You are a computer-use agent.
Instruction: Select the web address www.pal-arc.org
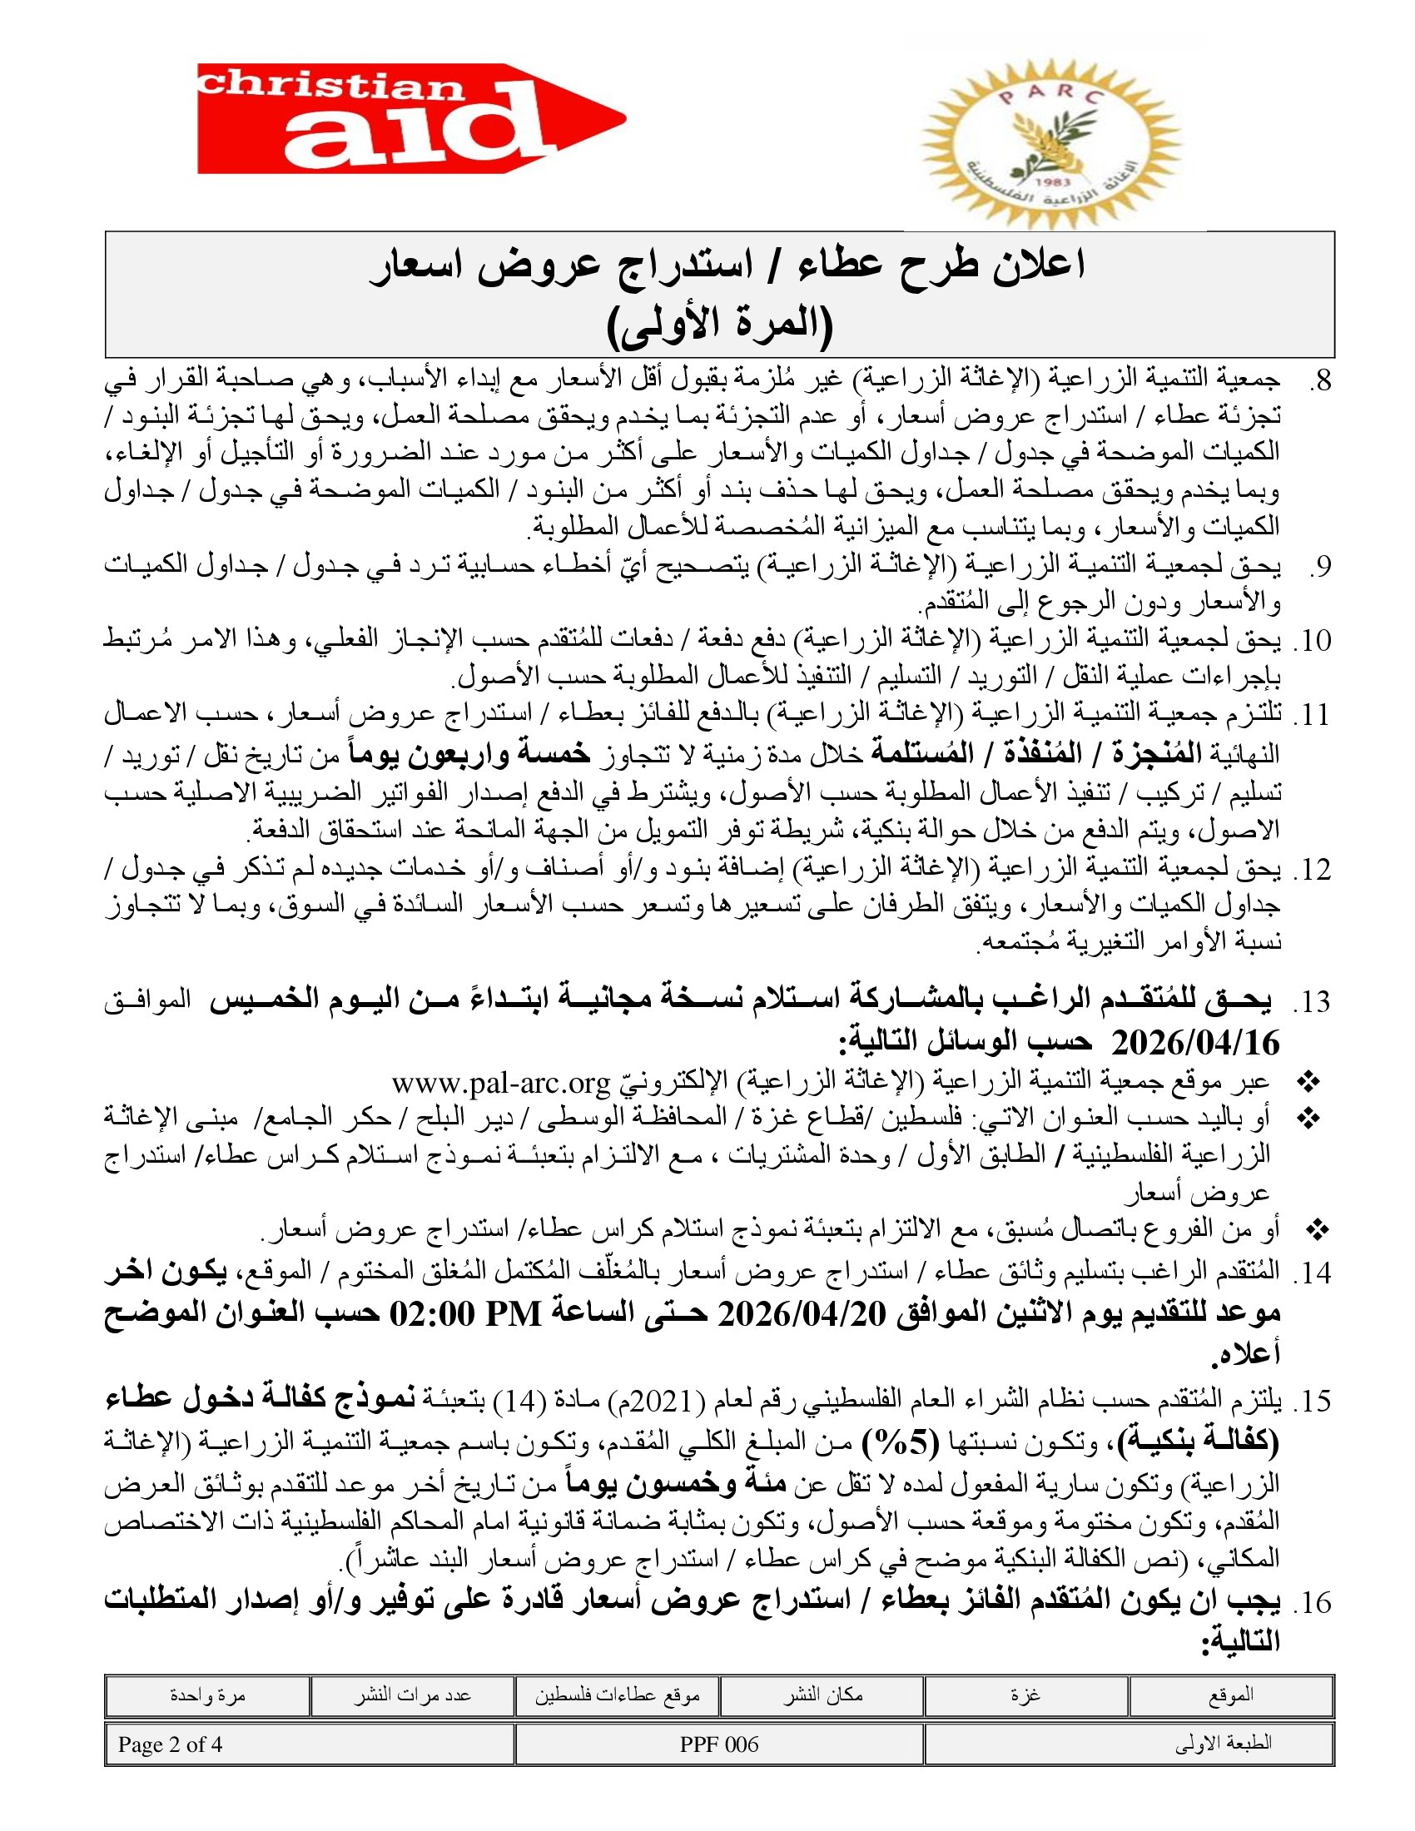click(x=500, y=1084)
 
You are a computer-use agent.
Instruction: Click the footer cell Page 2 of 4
click(x=170, y=1744)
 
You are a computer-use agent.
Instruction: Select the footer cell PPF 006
click(x=718, y=1744)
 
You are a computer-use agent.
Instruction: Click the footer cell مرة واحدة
click(x=207, y=1695)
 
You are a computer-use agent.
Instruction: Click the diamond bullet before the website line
click(x=1307, y=1083)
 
